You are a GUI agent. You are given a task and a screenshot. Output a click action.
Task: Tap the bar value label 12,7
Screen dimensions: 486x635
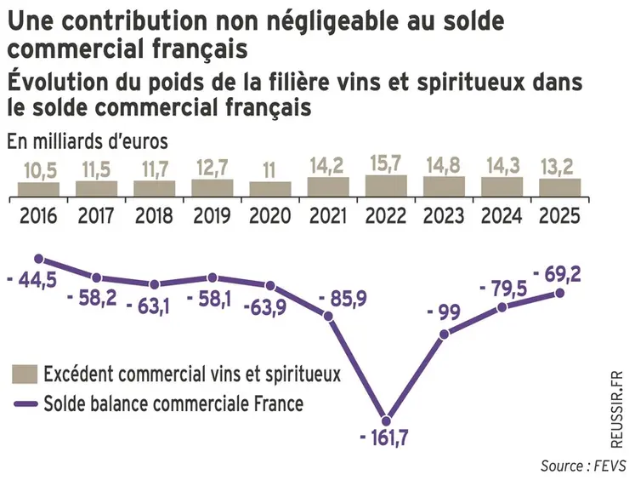point(212,167)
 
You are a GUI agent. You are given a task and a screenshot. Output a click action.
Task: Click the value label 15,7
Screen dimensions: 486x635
point(386,163)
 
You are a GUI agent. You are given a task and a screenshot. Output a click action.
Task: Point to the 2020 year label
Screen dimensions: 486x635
point(269,215)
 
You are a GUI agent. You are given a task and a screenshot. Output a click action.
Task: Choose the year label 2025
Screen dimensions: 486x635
point(559,215)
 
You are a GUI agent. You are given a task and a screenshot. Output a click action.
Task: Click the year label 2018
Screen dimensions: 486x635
point(154,215)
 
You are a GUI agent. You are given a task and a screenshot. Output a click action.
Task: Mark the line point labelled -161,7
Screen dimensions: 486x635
point(386,420)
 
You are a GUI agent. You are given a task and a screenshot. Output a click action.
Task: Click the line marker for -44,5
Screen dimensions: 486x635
point(38,258)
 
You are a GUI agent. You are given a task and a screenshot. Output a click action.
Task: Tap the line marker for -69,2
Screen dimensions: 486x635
point(559,293)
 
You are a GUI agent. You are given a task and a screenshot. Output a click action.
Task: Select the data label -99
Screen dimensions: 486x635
point(443,313)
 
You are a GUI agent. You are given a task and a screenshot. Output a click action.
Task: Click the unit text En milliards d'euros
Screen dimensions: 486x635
point(88,140)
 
